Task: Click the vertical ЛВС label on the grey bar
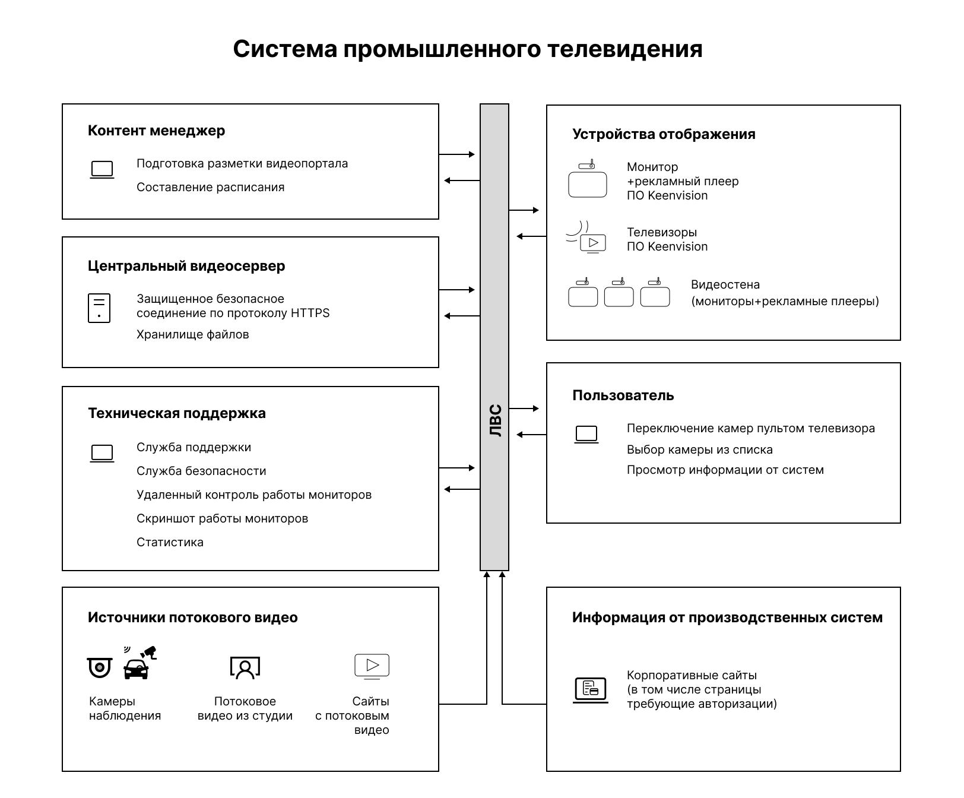[495, 421]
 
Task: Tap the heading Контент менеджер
[156, 131]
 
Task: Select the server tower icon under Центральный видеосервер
[99, 308]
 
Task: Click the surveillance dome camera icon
[99, 667]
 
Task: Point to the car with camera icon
[138, 664]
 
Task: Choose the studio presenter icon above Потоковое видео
[245, 667]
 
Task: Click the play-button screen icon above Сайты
[372, 666]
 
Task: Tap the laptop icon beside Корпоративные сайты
[590, 690]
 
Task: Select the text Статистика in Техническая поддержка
[170, 542]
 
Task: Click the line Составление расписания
[210, 187]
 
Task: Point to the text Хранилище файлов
[192, 334]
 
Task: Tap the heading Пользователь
[623, 395]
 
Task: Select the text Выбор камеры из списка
[699, 449]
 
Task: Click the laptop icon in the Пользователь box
[586, 435]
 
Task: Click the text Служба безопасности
[201, 471]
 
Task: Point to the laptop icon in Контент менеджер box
[102, 170]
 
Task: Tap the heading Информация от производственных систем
[727, 617]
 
